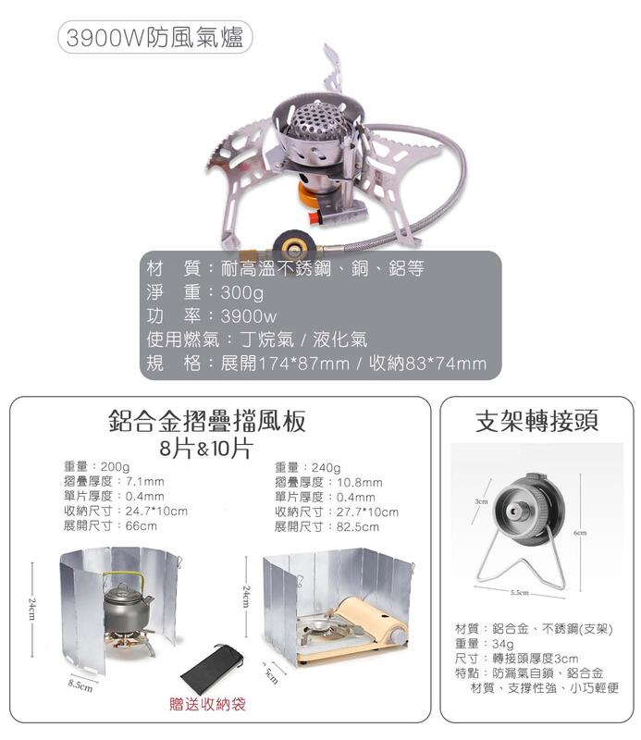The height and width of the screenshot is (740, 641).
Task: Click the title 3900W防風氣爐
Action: (x=154, y=37)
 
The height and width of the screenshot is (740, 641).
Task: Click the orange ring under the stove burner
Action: (x=312, y=194)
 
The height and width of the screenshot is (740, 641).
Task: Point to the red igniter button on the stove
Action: (x=314, y=217)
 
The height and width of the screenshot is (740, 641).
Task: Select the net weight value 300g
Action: (x=242, y=292)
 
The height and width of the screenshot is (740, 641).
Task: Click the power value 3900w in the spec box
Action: (x=249, y=316)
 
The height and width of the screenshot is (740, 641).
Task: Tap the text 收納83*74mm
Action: (x=427, y=363)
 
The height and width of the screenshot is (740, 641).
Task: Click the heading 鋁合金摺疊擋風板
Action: (x=207, y=421)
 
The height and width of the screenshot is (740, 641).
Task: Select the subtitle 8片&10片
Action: (x=205, y=449)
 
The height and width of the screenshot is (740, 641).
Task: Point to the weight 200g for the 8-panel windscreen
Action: (x=116, y=466)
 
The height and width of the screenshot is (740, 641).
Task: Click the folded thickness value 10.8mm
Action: (x=359, y=483)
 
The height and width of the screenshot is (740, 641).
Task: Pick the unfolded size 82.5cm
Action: (x=357, y=526)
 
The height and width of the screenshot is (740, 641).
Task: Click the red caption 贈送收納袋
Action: (x=208, y=704)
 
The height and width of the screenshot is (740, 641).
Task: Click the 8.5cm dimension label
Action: (x=80, y=686)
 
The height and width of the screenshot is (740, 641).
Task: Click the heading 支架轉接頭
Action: (x=536, y=421)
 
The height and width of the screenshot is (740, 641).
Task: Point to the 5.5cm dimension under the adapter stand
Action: (x=519, y=592)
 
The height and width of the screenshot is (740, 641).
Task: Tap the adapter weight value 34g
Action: (x=503, y=644)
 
